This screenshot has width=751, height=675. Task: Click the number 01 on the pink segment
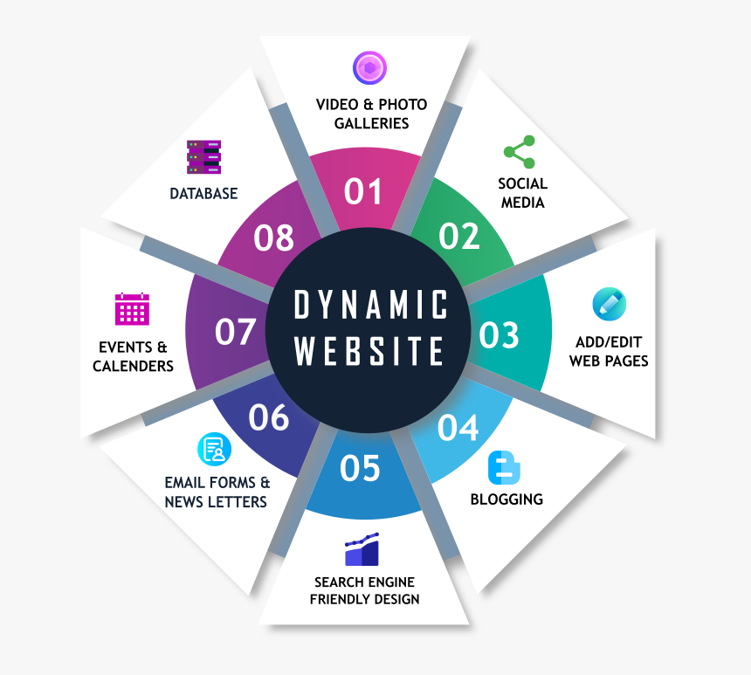(x=363, y=191)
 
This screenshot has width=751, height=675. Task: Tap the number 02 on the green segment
(x=459, y=236)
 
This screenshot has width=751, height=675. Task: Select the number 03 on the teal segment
(x=499, y=335)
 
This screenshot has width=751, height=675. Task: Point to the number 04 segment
(x=458, y=428)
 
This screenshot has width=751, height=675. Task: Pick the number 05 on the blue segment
(x=361, y=469)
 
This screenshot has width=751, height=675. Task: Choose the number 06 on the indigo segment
(x=268, y=417)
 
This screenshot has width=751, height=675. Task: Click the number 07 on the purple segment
(x=236, y=332)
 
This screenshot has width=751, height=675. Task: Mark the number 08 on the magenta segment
(x=273, y=238)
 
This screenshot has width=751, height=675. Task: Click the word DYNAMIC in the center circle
(x=371, y=306)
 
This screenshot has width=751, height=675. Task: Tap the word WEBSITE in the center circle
(x=370, y=351)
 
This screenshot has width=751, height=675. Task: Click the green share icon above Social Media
(x=520, y=152)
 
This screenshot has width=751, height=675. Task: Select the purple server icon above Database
(x=204, y=157)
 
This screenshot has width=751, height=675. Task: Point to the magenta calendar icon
(x=132, y=309)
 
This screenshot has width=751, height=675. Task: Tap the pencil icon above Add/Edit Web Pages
(x=609, y=304)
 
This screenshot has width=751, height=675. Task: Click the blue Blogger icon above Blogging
(x=504, y=469)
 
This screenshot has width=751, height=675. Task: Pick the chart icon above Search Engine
(x=362, y=549)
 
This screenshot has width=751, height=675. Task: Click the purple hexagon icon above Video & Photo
(x=369, y=68)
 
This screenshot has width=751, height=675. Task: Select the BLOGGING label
(x=506, y=499)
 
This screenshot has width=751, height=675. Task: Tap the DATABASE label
(x=203, y=194)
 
